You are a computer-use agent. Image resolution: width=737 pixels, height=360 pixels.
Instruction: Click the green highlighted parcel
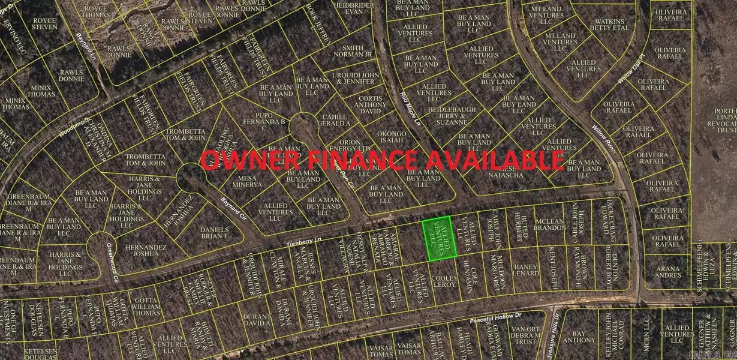439,239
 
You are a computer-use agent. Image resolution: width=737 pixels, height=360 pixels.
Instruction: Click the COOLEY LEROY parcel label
445,281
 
